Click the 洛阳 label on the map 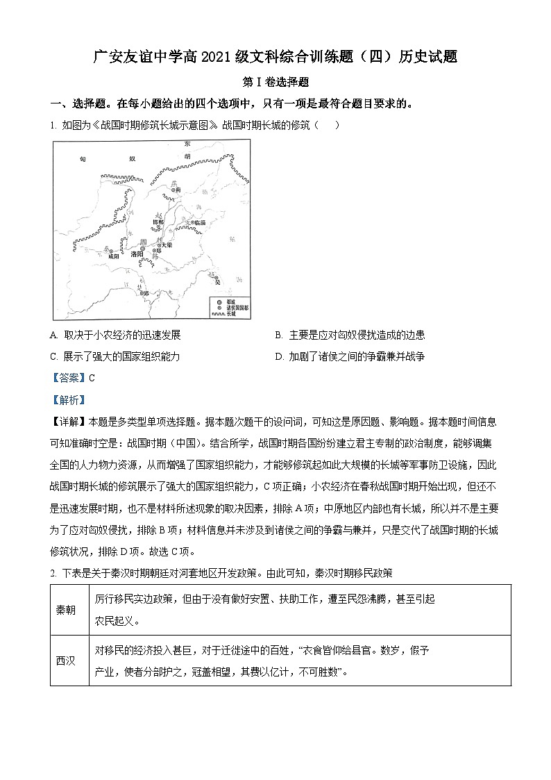tap(141, 255)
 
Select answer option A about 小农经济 tap(116, 335)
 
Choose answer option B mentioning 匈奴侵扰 tap(350, 335)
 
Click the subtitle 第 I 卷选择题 tap(275, 82)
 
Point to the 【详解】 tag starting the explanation tap(68, 422)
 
